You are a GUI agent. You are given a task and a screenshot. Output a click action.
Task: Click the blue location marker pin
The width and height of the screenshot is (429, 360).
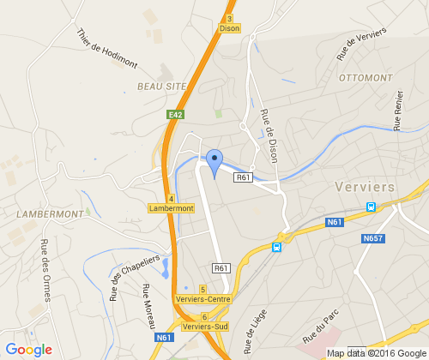coord(214,161)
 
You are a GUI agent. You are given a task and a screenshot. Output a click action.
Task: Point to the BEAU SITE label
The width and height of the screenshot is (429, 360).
coord(160,87)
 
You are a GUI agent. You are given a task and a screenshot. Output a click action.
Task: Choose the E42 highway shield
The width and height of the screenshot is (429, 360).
coord(175,114)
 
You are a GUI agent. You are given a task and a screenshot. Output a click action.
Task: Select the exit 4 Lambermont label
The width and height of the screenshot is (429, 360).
coord(171,203)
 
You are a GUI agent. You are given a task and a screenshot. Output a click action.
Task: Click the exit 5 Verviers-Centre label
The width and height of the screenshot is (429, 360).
coord(204,294)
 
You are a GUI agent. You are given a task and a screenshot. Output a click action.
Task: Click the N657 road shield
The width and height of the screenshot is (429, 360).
coord(372,237)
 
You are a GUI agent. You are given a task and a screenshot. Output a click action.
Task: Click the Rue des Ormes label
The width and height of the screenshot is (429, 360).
coord(44,268)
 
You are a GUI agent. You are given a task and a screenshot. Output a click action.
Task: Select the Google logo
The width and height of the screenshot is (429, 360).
coord(28,349)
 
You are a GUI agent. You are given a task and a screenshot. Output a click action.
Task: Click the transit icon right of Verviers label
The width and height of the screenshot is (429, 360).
coord(371,207)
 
